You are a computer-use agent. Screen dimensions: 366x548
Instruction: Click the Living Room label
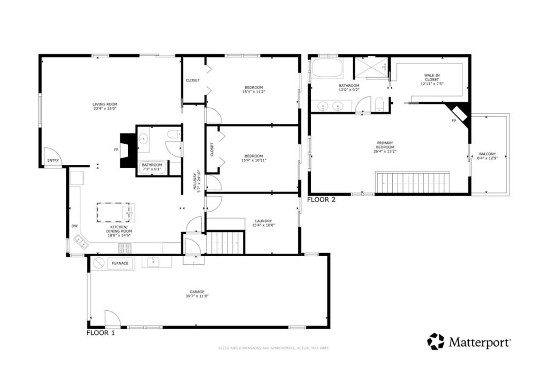[x=105, y=104]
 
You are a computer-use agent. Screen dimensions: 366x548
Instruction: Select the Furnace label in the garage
[x=119, y=263]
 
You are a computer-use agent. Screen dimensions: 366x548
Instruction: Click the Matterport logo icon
[x=436, y=341]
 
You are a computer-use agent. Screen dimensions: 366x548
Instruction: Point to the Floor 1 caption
[x=101, y=333]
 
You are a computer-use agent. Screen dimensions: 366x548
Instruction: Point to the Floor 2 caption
[x=321, y=200]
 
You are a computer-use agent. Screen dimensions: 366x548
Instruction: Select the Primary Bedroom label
[x=385, y=145]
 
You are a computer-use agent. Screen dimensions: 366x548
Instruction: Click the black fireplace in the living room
[x=127, y=151]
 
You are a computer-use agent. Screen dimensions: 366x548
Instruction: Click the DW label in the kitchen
[x=74, y=226]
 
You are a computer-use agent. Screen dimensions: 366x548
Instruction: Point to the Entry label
[x=53, y=160]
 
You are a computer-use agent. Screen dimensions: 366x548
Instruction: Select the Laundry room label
[x=263, y=220]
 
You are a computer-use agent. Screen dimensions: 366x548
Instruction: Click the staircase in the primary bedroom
[x=412, y=182]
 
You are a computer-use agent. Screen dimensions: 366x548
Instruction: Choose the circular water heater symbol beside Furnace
[x=98, y=263]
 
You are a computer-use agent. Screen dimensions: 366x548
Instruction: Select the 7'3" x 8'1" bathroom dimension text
[x=152, y=169]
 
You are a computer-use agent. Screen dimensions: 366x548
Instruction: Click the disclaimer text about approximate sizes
[x=273, y=348]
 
